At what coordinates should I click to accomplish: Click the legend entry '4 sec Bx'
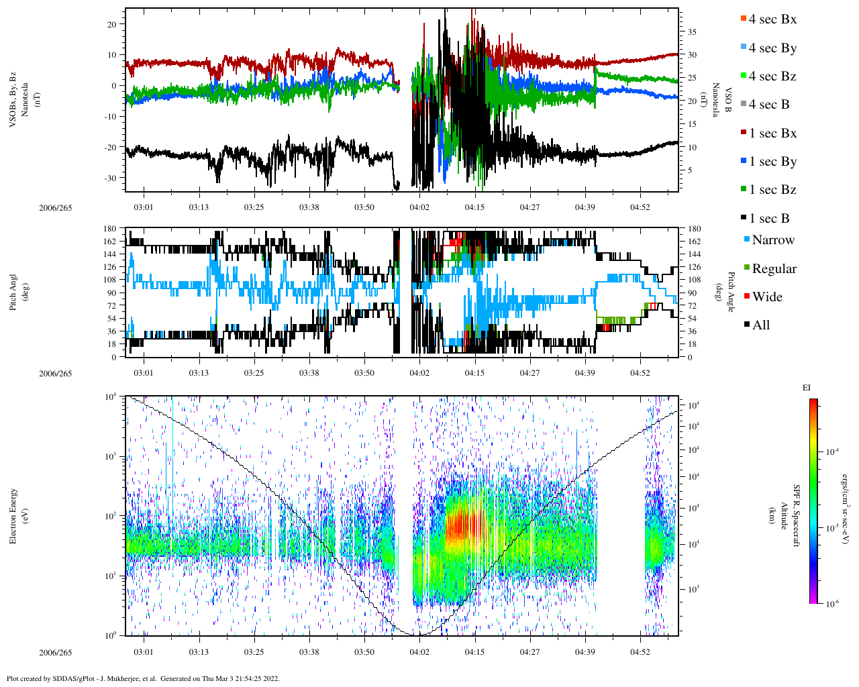pyautogui.click(x=772, y=19)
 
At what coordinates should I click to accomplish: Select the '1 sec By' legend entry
pyautogui.click(x=772, y=162)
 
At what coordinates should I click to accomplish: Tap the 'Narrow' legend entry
pyautogui.click(x=773, y=240)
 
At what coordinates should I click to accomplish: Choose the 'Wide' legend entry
pyautogui.click(x=767, y=297)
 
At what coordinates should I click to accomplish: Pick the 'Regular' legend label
pyautogui.click(x=774, y=269)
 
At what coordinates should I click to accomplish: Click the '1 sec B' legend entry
pyautogui.click(x=769, y=219)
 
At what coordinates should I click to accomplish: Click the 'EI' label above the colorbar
pyautogui.click(x=807, y=388)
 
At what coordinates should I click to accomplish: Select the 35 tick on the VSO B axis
pyautogui.click(x=691, y=32)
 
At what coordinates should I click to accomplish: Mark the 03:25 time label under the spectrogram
pyautogui.click(x=254, y=652)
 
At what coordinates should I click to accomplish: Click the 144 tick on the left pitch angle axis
pyautogui.click(x=109, y=254)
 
